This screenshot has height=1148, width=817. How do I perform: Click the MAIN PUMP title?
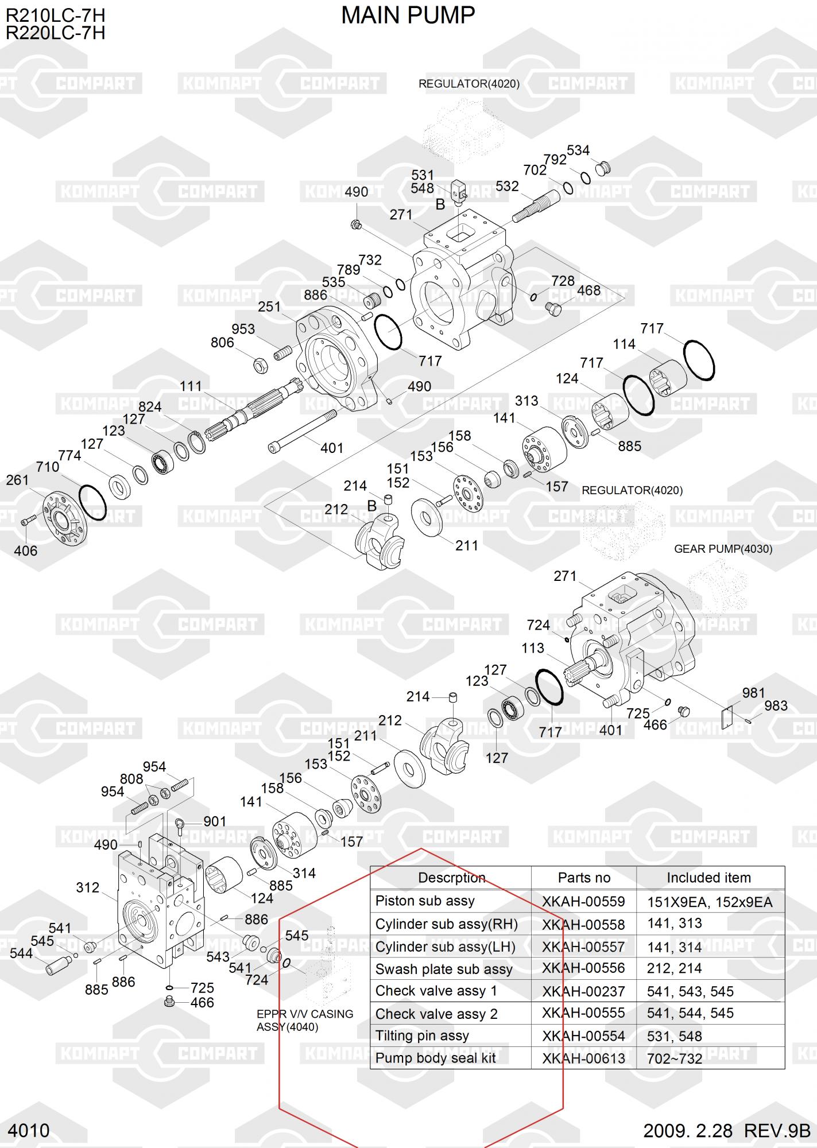coord(408,15)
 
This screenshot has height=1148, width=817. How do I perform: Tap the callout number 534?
coord(578,150)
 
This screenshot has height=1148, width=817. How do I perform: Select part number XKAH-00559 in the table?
coord(583,901)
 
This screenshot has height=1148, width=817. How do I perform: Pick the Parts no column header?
coord(584,878)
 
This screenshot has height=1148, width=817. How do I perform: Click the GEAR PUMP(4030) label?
coord(723,549)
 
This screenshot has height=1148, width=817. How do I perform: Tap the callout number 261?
coord(17,480)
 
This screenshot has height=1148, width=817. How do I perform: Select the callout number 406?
coord(26,551)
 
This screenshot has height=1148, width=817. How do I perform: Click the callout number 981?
coord(754,693)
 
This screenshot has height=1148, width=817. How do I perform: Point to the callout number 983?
coord(776,706)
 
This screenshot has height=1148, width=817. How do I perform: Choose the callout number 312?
coord(88,887)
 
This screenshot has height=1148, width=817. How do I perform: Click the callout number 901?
coord(215,821)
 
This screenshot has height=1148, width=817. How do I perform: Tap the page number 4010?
coord(30,1130)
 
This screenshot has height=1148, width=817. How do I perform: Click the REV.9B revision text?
coord(777,1130)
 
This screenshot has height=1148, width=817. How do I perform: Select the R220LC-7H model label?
coord(56,33)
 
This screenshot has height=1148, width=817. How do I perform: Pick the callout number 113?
coord(533,648)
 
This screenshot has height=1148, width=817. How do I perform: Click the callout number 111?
coord(191,386)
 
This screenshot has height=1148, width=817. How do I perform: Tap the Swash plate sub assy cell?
coord(444,969)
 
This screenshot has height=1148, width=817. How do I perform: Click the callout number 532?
coord(507,186)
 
